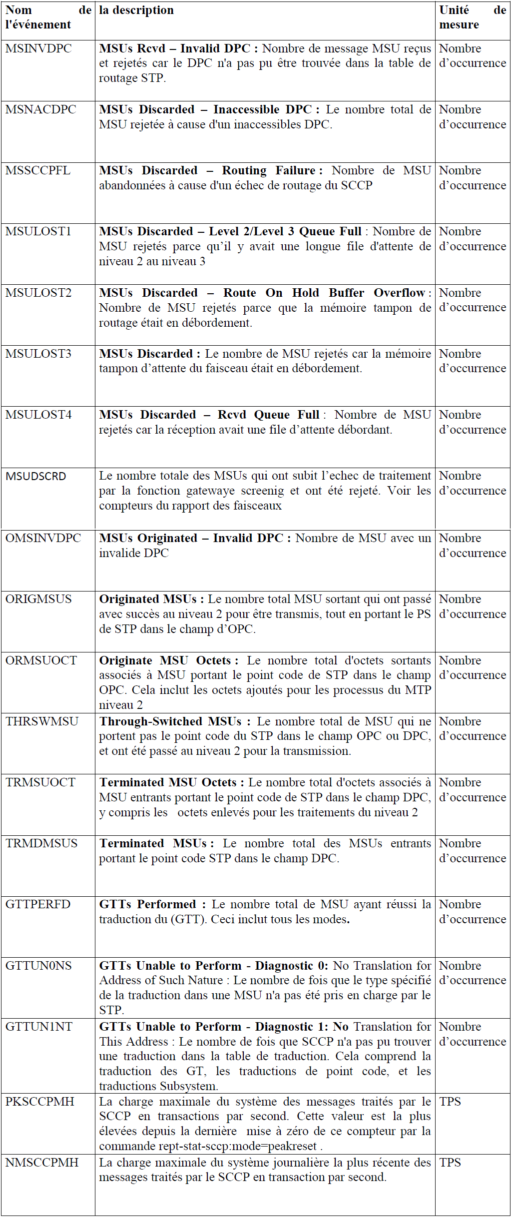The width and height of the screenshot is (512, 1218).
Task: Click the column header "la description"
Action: click(x=136, y=10)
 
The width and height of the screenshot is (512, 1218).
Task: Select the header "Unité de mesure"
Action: click(x=472, y=17)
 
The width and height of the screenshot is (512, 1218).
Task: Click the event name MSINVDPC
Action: click(x=38, y=48)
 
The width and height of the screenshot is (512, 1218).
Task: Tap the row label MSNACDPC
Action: click(x=40, y=109)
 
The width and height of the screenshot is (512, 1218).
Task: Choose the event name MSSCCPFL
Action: click(x=38, y=170)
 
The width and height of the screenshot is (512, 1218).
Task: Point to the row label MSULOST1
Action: click(x=38, y=231)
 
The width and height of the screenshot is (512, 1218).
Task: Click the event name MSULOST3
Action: click(x=38, y=354)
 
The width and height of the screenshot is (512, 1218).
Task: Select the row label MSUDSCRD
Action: click(x=35, y=476)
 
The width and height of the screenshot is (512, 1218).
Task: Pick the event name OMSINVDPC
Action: click(x=43, y=538)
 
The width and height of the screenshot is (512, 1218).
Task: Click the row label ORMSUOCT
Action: click(x=41, y=660)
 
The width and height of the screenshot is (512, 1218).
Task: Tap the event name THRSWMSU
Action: click(x=42, y=721)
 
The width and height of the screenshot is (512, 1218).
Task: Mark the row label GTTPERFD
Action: click(x=38, y=904)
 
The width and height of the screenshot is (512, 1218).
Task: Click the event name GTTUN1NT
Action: click(x=39, y=1027)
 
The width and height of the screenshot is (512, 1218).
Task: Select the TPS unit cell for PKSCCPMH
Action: click(x=450, y=1102)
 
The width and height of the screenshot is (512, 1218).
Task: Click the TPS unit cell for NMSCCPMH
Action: click(x=450, y=1163)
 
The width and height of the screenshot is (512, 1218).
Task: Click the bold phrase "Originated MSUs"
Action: click(x=148, y=599)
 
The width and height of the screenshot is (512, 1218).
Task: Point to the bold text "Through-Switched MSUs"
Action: click(x=170, y=721)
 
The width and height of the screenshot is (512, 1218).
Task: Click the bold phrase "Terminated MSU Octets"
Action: click(x=168, y=782)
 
